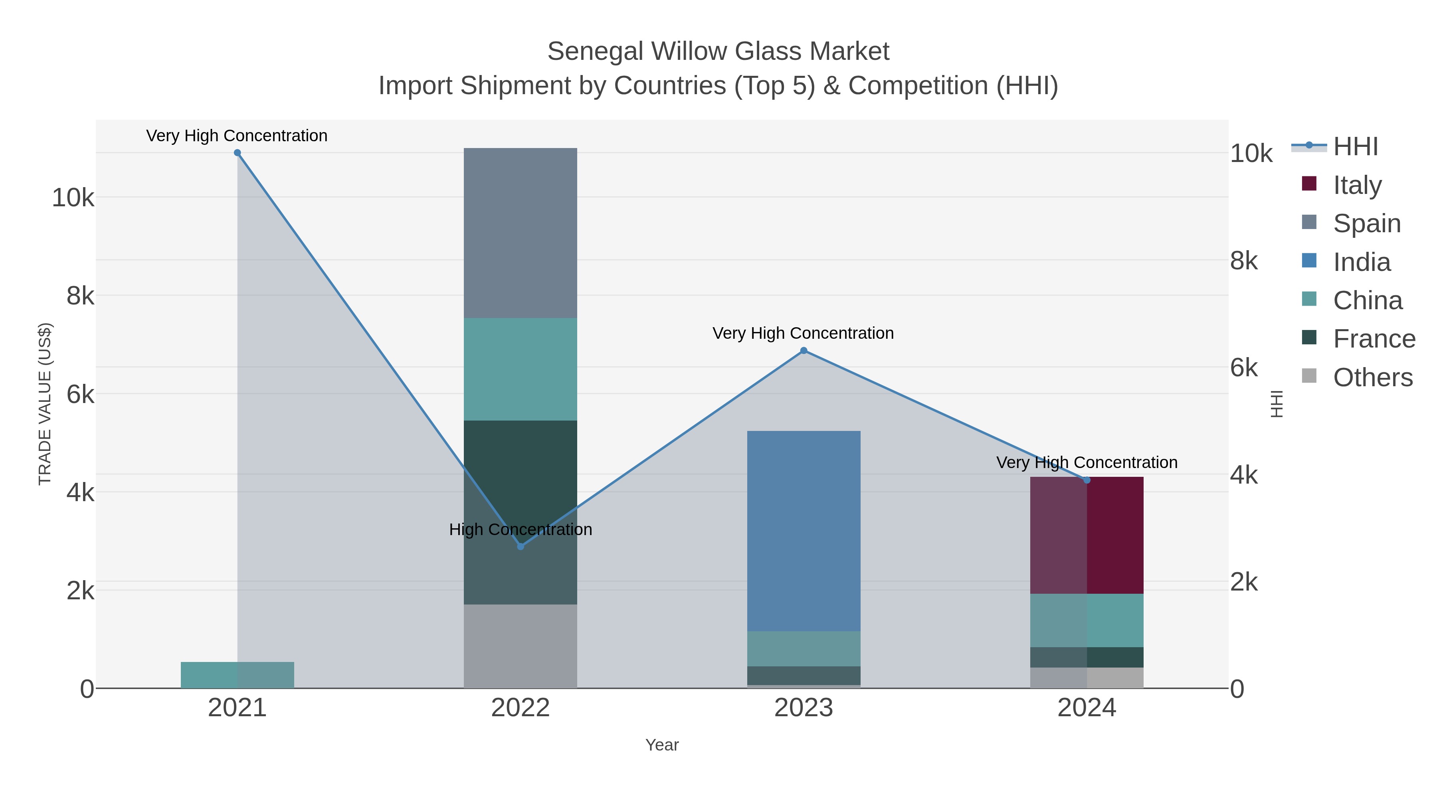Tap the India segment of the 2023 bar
(x=803, y=530)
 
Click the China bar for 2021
(x=237, y=675)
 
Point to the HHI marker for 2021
(x=237, y=153)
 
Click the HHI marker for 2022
(x=521, y=547)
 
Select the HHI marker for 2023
(x=803, y=351)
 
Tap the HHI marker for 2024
(x=1086, y=480)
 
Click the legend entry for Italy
(x=1357, y=185)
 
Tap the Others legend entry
(x=1372, y=377)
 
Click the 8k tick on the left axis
(x=80, y=296)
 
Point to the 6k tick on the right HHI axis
(x=1243, y=368)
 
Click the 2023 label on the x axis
(x=803, y=707)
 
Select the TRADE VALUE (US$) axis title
(x=45, y=404)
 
